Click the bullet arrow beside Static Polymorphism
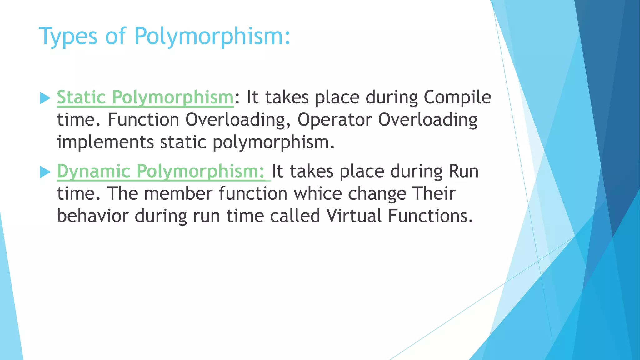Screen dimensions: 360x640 coord(45,98)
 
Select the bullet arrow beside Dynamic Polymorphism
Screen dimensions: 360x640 coord(45,172)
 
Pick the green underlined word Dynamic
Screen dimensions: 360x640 coord(93,171)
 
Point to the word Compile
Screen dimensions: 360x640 coord(457,97)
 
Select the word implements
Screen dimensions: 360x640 coord(105,142)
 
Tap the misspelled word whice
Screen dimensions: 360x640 coord(318,193)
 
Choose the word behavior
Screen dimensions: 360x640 coord(93,216)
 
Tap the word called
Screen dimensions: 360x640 coord(295,216)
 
